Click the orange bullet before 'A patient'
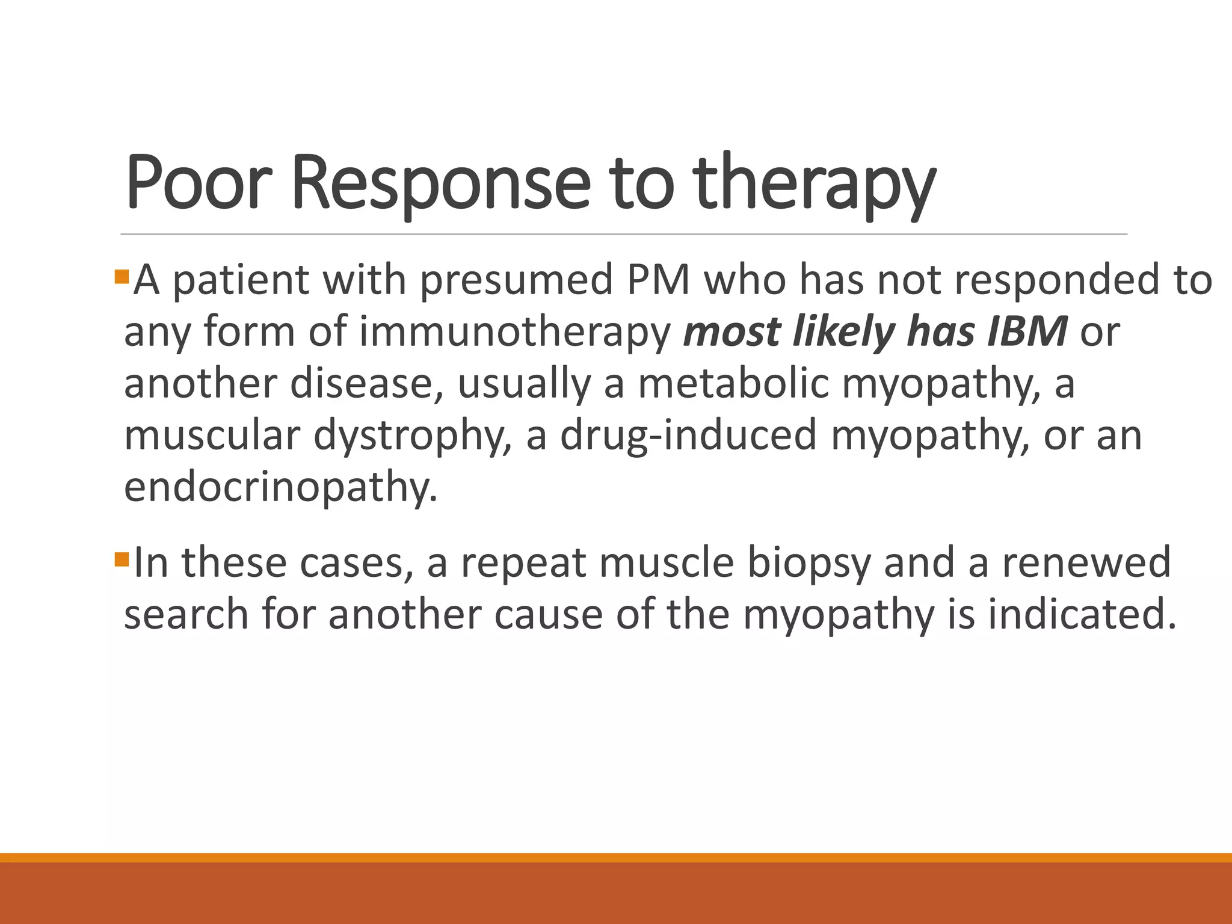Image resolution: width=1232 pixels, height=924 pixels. click(122, 277)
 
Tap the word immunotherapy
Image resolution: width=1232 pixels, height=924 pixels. click(515, 333)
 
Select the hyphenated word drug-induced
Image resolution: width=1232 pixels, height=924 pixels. click(688, 435)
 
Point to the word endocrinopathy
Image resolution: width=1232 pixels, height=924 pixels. click(280, 487)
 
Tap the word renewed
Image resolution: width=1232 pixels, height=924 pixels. click(1086, 562)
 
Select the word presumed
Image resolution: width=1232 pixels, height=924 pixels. click(516, 281)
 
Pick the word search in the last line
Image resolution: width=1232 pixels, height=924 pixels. click(186, 614)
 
